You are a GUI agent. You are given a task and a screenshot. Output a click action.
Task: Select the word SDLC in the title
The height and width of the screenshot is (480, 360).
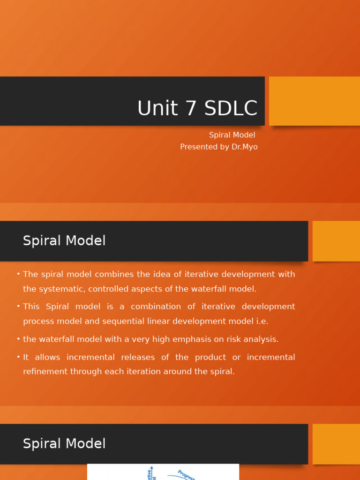coord(231,108)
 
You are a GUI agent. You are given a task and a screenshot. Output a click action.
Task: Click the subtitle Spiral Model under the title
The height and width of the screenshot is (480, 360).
coord(232,135)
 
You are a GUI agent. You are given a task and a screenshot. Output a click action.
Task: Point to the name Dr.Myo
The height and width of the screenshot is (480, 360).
coord(244,147)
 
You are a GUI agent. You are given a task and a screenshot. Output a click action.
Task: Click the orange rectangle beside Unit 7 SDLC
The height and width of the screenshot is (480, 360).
coord(314,101)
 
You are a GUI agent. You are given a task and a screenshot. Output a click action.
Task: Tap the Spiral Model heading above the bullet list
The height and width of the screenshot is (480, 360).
coord(64,241)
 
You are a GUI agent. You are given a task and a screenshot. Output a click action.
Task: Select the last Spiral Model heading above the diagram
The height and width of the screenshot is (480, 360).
coord(64,444)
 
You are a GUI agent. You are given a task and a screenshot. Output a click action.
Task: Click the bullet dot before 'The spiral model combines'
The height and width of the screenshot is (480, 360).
coord(18,274)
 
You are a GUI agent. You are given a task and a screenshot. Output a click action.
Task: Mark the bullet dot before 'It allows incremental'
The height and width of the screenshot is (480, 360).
coord(18,357)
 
